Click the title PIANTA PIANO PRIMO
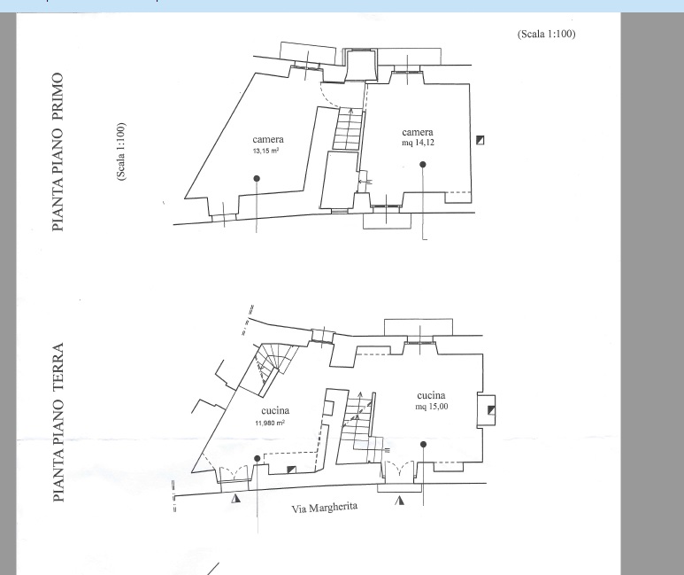(x=58, y=152)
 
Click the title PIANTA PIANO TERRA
(x=58, y=422)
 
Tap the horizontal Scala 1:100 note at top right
(x=546, y=34)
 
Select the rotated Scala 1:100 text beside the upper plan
(x=121, y=152)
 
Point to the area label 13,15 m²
(x=265, y=152)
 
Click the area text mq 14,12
(x=418, y=143)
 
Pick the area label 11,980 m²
(x=270, y=423)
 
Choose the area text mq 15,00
(x=432, y=407)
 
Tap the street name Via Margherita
(x=325, y=508)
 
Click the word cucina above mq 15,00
(x=431, y=395)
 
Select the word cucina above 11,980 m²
(x=275, y=411)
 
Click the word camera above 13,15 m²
(x=268, y=139)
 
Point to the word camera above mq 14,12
(x=418, y=132)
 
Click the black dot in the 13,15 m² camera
(x=257, y=178)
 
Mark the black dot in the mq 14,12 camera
(x=423, y=164)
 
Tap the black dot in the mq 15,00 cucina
(x=423, y=445)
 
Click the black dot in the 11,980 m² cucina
(x=257, y=458)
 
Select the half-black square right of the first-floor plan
(x=480, y=140)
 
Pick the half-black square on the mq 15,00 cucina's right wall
(x=491, y=410)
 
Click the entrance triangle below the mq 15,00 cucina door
(x=399, y=500)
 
